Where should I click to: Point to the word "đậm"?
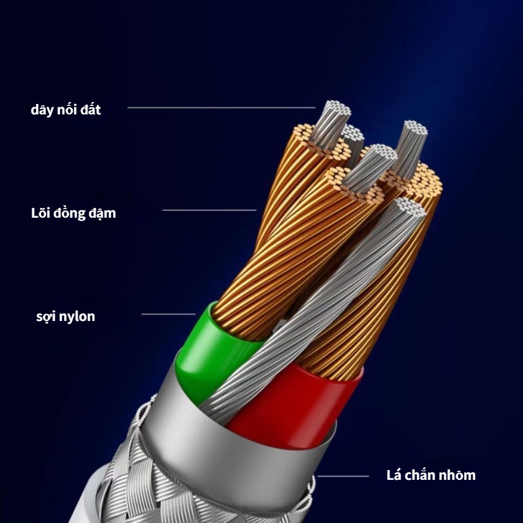pos(102,213)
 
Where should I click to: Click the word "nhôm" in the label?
pos(456,475)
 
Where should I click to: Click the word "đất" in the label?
pos(88,110)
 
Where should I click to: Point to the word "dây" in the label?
pos(41,110)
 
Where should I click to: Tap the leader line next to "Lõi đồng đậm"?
pos(209,210)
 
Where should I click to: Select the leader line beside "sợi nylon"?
pos(168,314)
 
